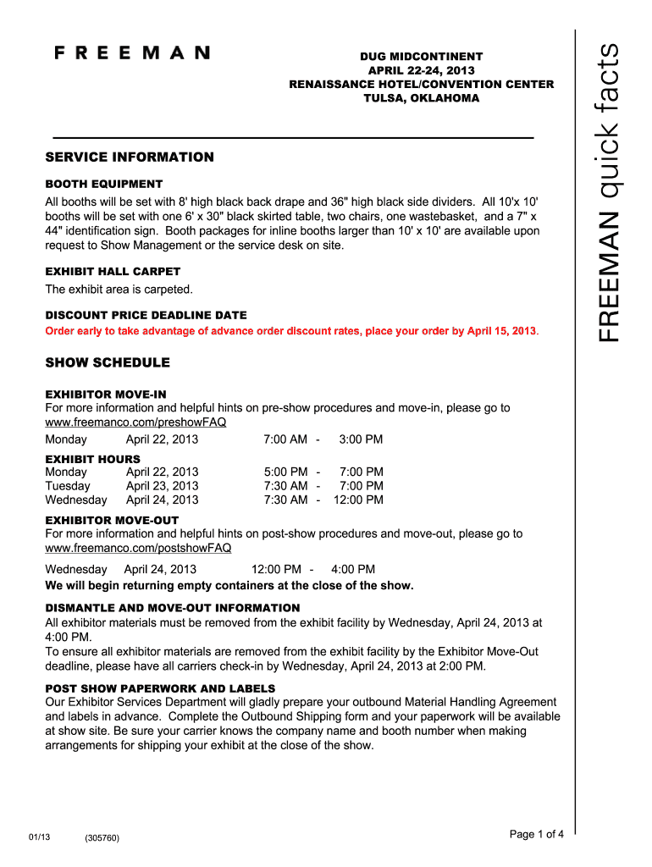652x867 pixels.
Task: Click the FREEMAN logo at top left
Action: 132,52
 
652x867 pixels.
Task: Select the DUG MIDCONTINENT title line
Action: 421,56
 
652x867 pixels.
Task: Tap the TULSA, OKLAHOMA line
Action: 421,98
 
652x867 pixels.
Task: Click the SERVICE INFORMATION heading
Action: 130,157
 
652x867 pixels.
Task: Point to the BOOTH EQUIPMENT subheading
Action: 103,184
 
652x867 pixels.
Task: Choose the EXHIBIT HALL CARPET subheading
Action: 113,272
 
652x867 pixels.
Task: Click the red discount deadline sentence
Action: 290,330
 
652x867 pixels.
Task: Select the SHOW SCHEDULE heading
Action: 108,363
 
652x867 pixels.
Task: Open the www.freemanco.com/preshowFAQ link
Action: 135,422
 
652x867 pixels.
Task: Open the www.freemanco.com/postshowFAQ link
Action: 138,548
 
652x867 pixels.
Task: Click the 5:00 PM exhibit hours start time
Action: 286,472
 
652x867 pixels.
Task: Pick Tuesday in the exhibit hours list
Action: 68,486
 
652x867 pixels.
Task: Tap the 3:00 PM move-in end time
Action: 361,439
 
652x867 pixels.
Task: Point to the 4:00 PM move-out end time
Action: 353,570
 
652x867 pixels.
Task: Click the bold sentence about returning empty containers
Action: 229,585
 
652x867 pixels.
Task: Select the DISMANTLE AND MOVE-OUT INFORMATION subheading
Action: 173,608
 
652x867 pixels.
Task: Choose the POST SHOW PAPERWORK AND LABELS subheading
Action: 160,688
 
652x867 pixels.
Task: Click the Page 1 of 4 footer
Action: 536,835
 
